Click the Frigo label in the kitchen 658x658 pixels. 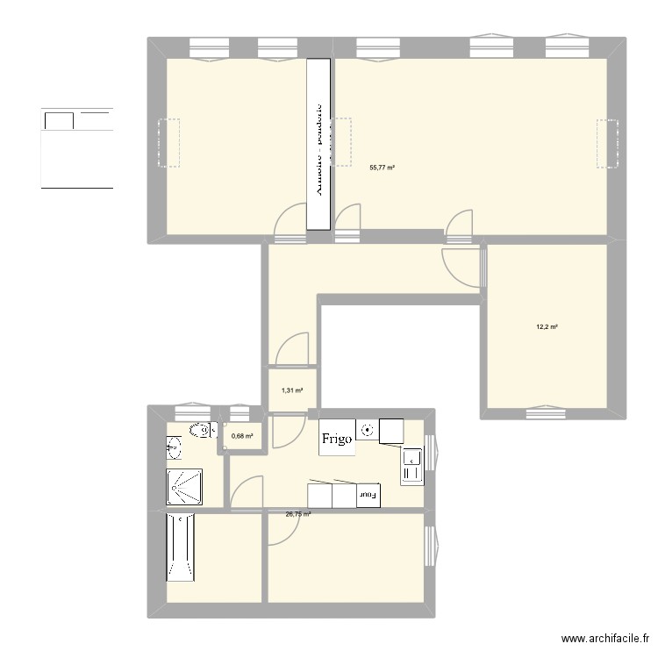(x=338, y=438)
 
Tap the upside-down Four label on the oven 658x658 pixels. (x=368, y=496)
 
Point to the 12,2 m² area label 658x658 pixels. (x=547, y=327)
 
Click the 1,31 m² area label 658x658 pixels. (x=292, y=390)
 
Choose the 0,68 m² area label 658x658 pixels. (x=242, y=435)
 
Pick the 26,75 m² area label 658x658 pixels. (x=298, y=515)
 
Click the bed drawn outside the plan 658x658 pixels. (x=77, y=148)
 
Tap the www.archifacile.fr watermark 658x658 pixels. (x=605, y=639)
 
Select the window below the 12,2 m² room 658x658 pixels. (x=545, y=410)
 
